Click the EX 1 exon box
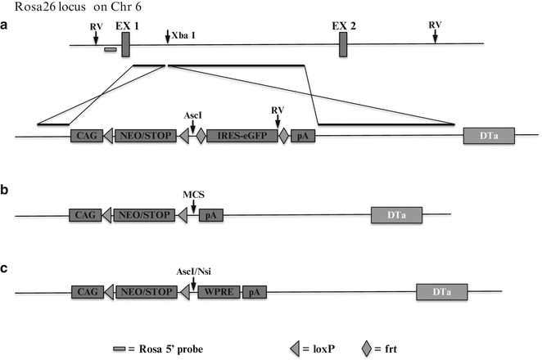pyautogui.click(x=125, y=44)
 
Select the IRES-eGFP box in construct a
pyautogui.click(x=242, y=137)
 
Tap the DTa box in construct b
pyautogui.click(x=396, y=214)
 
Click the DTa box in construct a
pyautogui.click(x=489, y=137)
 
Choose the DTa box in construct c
pyautogui.click(x=442, y=291)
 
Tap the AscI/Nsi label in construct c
pyautogui.click(x=193, y=271)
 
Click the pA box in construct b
pyautogui.click(x=211, y=215)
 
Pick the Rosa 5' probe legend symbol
pyautogui.click(x=120, y=349)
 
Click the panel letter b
pyautogui.click(x=7, y=191)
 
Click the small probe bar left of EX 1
pyautogui.click(x=110, y=51)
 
